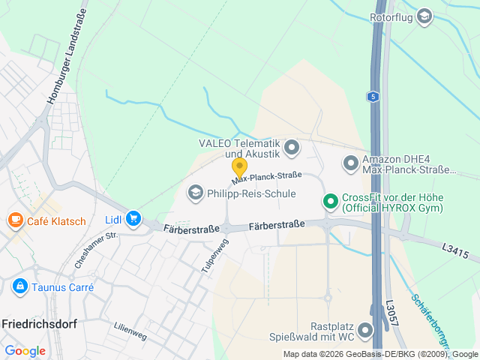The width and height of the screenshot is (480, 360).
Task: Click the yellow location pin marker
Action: (239, 167)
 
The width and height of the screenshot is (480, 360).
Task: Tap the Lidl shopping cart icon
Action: (133, 218)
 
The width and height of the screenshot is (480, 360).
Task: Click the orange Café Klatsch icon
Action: (15, 220)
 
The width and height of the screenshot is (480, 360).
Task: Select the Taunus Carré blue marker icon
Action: (19, 286)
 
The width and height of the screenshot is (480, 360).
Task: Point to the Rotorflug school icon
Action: (424, 16)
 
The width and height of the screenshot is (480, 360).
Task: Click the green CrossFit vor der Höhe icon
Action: (329, 201)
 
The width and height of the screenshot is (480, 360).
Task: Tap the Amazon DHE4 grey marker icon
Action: (350, 163)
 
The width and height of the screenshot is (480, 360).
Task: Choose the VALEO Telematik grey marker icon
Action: (292, 147)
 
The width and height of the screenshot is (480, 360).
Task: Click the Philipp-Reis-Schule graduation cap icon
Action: (196, 193)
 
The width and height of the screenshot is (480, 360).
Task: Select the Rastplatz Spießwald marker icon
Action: (365, 330)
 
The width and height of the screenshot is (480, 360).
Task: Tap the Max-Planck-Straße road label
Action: (266, 177)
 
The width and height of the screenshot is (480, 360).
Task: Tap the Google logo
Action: (25, 350)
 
